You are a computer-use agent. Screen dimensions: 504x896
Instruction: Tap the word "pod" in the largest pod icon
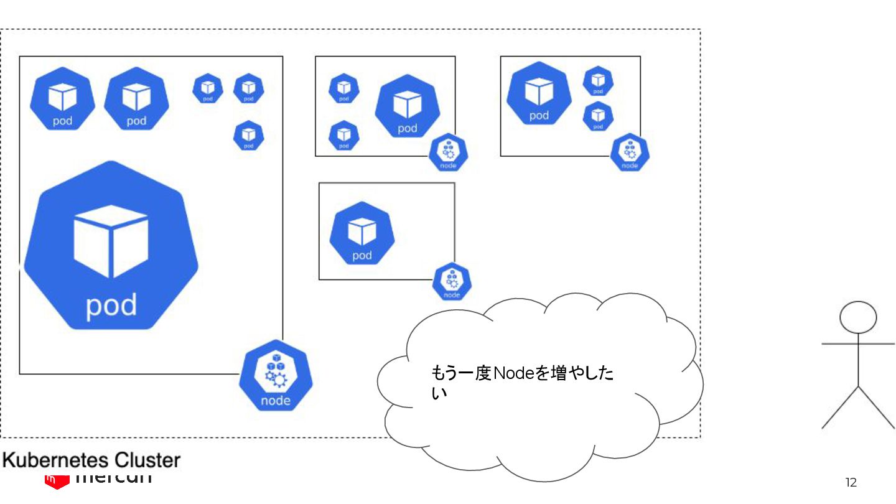[x=111, y=306]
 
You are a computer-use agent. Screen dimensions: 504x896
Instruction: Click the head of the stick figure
[x=858, y=317]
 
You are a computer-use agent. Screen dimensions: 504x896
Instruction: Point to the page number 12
[x=851, y=482]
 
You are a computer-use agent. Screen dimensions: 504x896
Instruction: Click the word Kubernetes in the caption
[x=49, y=460]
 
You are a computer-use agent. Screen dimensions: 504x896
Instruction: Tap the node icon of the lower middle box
[x=452, y=282]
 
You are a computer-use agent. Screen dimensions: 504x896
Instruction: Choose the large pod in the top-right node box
[x=539, y=93]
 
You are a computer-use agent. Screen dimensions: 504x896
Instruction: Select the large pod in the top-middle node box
[x=407, y=106]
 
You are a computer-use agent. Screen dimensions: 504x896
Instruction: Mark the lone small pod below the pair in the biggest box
[x=248, y=135]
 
